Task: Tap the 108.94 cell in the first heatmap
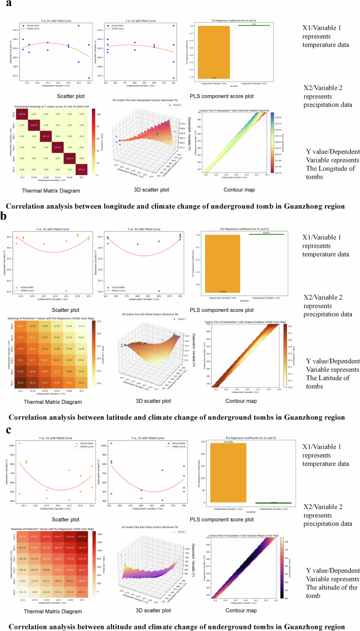point(23,114)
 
